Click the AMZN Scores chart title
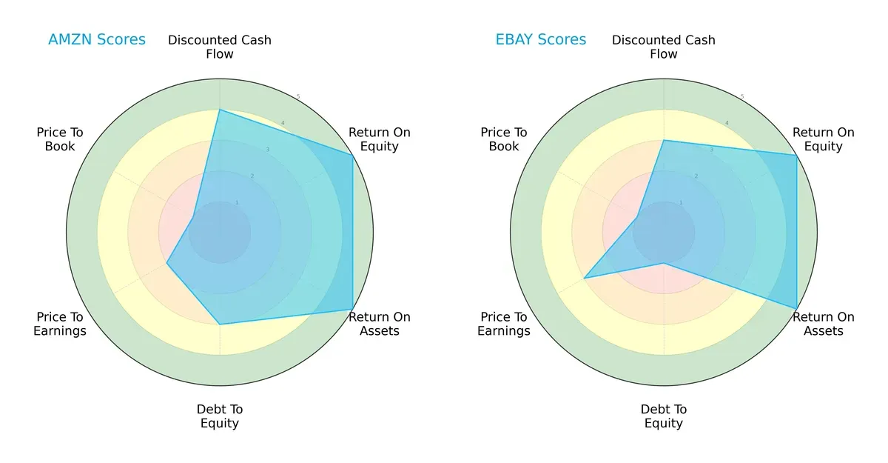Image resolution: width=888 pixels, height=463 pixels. coord(97,40)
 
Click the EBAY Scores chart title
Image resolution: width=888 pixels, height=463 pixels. coord(541,40)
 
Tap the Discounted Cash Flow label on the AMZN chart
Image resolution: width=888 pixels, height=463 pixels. coord(220,47)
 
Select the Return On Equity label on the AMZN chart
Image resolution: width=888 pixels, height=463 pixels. coord(380,139)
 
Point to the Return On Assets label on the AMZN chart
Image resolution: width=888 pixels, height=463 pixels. coord(380,324)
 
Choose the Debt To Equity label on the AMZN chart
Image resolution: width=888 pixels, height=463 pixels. coord(220,416)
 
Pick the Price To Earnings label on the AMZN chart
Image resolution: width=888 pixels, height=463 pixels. coord(60,324)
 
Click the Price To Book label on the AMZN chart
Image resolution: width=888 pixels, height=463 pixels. coord(60,139)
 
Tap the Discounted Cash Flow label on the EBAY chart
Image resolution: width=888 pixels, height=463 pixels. coord(664,47)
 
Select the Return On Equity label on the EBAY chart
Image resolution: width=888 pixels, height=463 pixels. coord(824,139)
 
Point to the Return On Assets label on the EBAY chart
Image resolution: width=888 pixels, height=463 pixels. coord(824,324)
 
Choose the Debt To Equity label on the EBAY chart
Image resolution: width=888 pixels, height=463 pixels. coord(664,416)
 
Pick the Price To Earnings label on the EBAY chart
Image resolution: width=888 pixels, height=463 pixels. coord(504,324)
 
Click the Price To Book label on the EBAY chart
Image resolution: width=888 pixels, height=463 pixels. coord(504,139)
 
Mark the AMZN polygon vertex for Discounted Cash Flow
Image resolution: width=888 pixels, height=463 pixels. coord(220,110)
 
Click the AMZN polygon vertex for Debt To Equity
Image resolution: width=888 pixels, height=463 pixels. coord(220,324)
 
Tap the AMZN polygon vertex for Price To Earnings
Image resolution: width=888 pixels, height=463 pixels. coord(166,264)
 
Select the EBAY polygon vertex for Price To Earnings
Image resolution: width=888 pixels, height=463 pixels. coord(584,279)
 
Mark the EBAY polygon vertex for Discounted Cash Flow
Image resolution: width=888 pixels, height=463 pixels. coord(664,140)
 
